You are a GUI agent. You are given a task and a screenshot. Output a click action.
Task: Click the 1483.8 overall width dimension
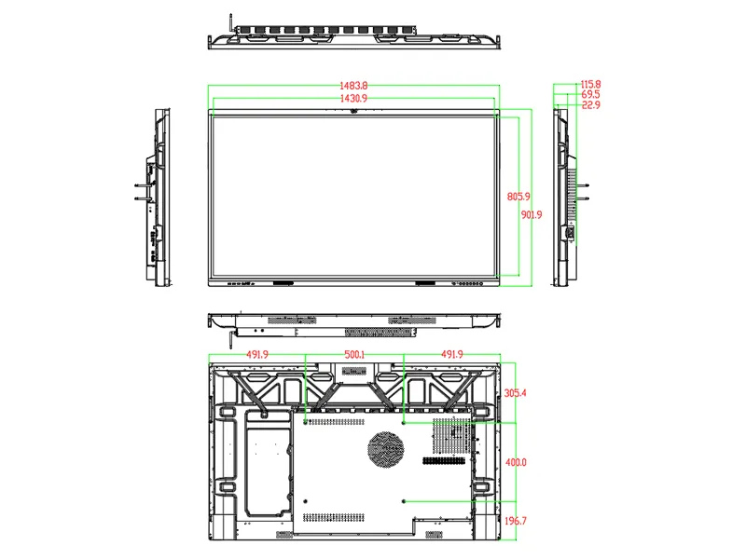353,87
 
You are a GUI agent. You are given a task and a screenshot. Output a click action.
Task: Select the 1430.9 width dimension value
353,98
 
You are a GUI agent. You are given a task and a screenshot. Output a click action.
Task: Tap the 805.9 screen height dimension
518,197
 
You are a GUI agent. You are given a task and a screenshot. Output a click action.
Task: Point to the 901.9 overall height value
532,215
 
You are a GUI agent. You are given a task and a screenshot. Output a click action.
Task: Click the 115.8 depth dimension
589,84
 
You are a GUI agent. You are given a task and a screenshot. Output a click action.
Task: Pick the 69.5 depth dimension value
589,95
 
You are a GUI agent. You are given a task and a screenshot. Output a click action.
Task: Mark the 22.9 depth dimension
589,105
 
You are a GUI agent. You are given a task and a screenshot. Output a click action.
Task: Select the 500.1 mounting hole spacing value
354,355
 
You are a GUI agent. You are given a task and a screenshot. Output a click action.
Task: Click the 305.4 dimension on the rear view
516,393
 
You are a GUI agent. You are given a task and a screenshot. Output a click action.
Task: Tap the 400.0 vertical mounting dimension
516,463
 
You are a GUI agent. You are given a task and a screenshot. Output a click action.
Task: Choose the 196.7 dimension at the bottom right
516,521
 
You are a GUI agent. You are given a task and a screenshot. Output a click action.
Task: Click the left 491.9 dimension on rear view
257,355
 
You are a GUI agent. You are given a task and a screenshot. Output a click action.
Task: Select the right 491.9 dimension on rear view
451,355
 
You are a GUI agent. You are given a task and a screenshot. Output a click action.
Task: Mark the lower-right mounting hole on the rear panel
403,502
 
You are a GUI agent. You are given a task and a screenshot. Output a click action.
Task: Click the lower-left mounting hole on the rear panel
306,502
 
